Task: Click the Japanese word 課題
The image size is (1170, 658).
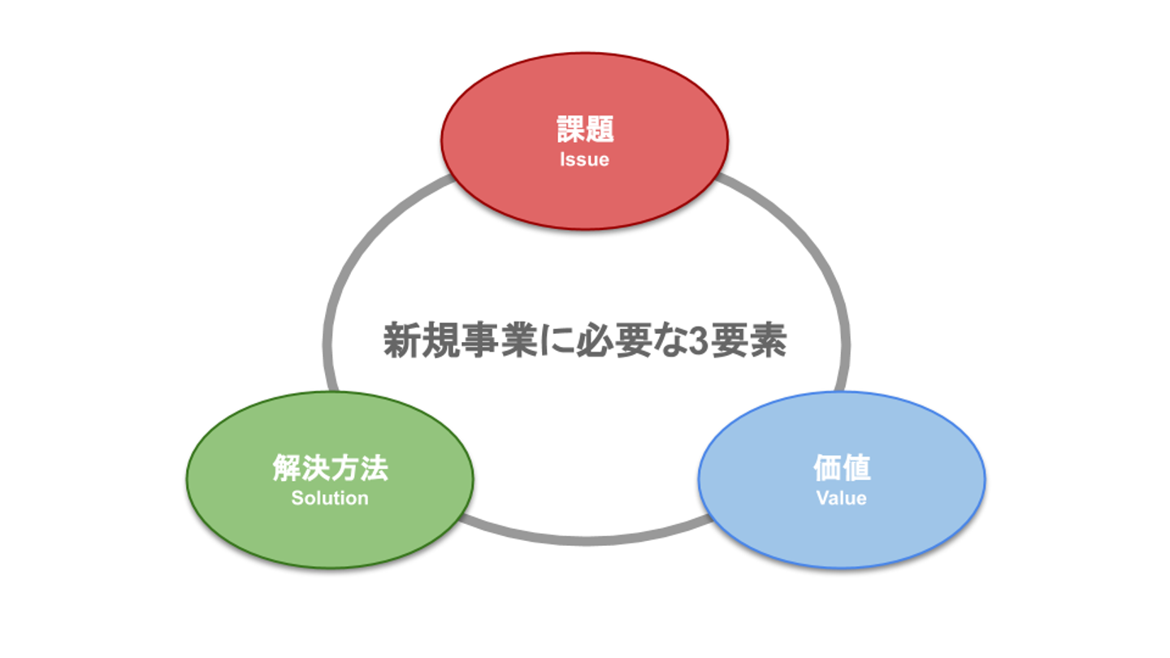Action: (584, 129)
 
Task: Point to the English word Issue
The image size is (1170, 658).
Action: (584, 159)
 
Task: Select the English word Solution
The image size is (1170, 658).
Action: (330, 498)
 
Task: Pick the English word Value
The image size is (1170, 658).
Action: (842, 498)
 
